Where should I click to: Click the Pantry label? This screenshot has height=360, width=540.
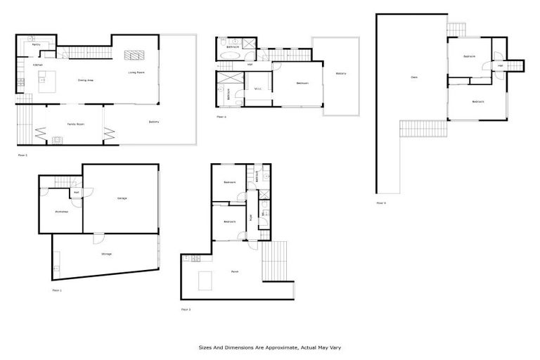coord(36,44)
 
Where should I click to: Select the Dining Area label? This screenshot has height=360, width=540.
coord(86,80)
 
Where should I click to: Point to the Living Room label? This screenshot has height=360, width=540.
coord(136,72)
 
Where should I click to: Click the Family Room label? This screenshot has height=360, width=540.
coord(76,124)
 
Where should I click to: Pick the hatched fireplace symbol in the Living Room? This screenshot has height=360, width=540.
coord(134,56)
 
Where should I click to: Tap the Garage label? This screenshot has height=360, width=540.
coord(122,198)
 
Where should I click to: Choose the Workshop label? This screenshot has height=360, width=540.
coord(61,212)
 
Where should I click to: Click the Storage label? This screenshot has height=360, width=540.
coord(106,254)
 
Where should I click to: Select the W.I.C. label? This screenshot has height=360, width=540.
coord(259,89)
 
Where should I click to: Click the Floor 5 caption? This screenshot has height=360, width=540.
coord(381,202)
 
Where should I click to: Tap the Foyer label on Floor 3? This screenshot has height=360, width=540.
coord(251,218)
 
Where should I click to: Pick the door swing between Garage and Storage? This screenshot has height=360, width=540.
coord(98,238)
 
